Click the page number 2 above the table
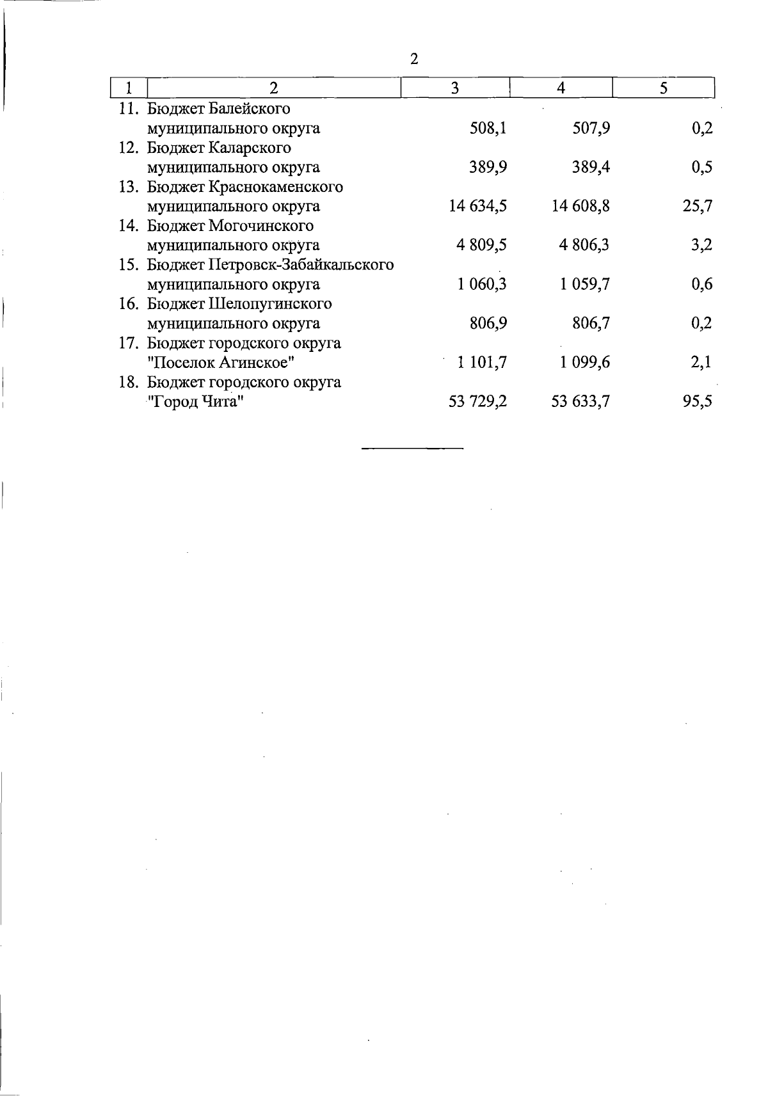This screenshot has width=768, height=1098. (x=414, y=60)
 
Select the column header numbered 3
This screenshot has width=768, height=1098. (x=454, y=88)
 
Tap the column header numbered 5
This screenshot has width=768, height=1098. (x=664, y=88)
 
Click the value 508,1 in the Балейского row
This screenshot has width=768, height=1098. (x=488, y=128)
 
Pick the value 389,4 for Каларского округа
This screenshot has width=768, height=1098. (x=591, y=167)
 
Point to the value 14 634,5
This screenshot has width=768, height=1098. (x=479, y=206)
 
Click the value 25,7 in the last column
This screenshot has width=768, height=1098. (x=698, y=206)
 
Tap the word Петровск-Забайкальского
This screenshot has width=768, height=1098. (x=301, y=265)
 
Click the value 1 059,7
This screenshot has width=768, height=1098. (x=584, y=284)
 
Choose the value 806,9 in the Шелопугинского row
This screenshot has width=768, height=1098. (x=488, y=323)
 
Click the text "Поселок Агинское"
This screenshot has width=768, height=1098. (x=221, y=363)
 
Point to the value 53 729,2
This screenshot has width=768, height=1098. (x=479, y=402)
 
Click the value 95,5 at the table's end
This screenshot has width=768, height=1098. (x=698, y=402)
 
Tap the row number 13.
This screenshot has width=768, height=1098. (x=129, y=187)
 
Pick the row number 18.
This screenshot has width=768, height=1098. (x=129, y=382)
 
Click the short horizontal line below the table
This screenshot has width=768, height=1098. (x=412, y=448)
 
